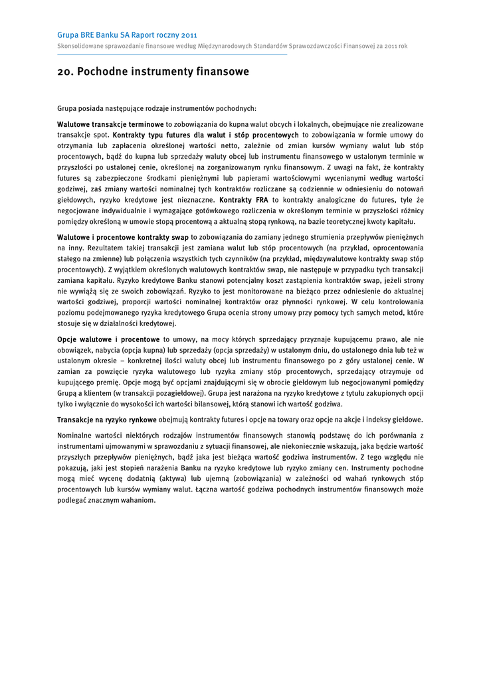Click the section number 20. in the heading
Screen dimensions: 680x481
click(x=65, y=72)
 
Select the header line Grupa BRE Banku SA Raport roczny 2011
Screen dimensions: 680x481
click(x=127, y=35)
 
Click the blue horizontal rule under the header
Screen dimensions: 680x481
click(x=172, y=54)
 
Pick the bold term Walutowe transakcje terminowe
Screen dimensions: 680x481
click(x=110, y=124)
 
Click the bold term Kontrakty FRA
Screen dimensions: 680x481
click(x=244, y=200)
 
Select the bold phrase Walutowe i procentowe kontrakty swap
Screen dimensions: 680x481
click(x=123, y=237)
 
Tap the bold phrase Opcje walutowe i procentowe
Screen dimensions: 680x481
click(x=108, y=339)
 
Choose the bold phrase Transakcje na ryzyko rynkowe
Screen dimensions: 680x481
click(x=107, y=420)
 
